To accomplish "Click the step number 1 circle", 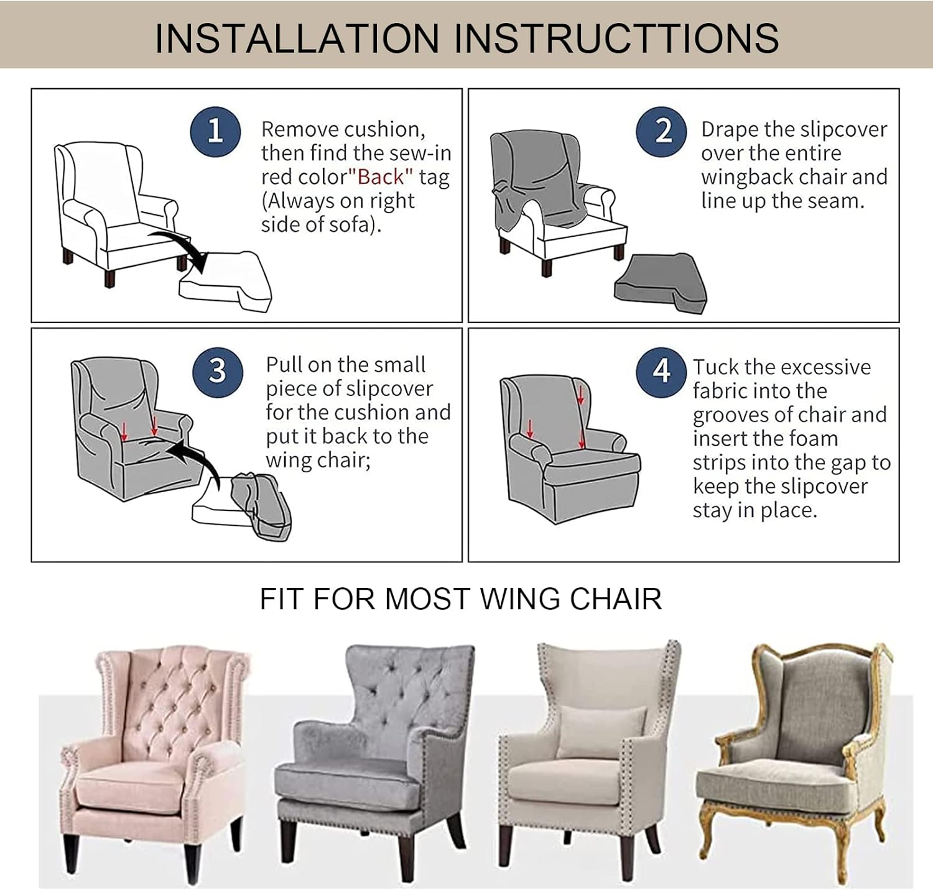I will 215,131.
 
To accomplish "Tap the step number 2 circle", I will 662,131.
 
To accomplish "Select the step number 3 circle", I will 217,371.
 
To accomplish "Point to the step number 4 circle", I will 661,372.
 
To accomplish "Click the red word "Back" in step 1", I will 381,177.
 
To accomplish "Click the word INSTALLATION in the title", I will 297,38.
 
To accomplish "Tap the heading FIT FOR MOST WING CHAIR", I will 460,599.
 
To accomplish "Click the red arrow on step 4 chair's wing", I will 580,394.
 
